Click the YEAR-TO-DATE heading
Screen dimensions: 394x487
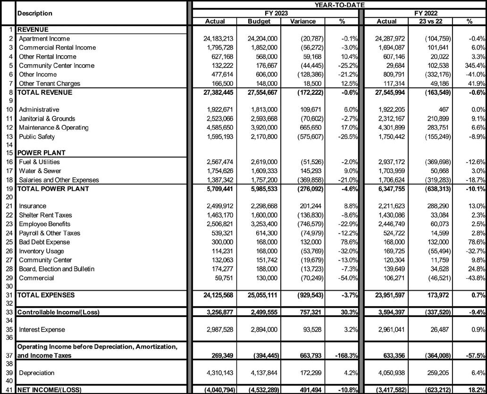pyautogui.click(x=336, y=5)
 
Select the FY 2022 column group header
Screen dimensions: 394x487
pyautogui.click(x=423, y=13)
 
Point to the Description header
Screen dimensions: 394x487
pyautogui.click(x=35, y=13)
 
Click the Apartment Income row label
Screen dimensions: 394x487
pyautogui.click(x=44, y=39)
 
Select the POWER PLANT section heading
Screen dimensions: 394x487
pyautogui.click(x=41, y=153)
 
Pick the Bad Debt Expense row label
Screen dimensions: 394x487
pyautogui.click(x=45, y=242)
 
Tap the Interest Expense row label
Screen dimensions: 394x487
pyautogui.click(x=42, y=329)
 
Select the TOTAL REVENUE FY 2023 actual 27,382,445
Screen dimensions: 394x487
pyautogui.click(x=214, y=92)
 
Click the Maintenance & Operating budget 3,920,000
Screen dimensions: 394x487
pyautogui.click(x=262, y=128)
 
